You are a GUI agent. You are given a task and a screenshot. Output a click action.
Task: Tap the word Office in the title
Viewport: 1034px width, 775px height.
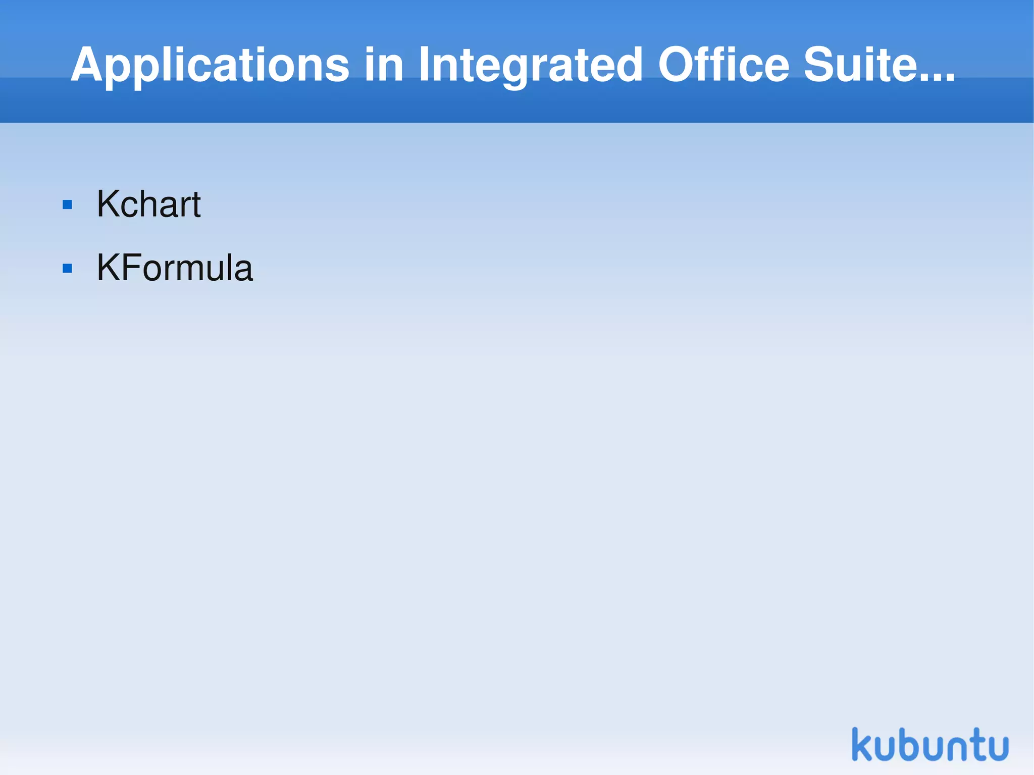pyautogui.click(x=723, y=65)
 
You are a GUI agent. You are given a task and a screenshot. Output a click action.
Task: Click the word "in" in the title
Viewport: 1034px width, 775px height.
pyautogui.click(x=384, y=65)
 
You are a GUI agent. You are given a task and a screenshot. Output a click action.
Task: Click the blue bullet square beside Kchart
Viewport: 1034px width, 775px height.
pyautogui.click(x=67, y=205)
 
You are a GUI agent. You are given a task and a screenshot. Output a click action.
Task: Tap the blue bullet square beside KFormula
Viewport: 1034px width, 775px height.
pyautogui.click(x=67, y=268)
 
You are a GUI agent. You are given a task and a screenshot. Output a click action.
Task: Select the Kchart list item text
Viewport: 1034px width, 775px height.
pyautogui.click(x=148, y=204)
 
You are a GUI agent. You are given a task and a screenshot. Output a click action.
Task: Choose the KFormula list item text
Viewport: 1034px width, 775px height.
pyautogui.click(x=174, y=268)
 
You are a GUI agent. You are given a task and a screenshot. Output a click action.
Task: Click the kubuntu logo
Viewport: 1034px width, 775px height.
pyautogui.click(x=930, y=744)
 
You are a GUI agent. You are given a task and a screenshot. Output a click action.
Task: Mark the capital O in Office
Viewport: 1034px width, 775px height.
pyautogui.click(x=677, y=65)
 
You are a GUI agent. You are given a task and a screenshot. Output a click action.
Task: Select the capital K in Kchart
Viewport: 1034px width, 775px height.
pyautogui.click(x=108, y=204)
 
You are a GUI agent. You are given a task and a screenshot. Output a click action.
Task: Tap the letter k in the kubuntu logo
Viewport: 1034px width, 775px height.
pyautogui.click(x=862, y=744)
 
